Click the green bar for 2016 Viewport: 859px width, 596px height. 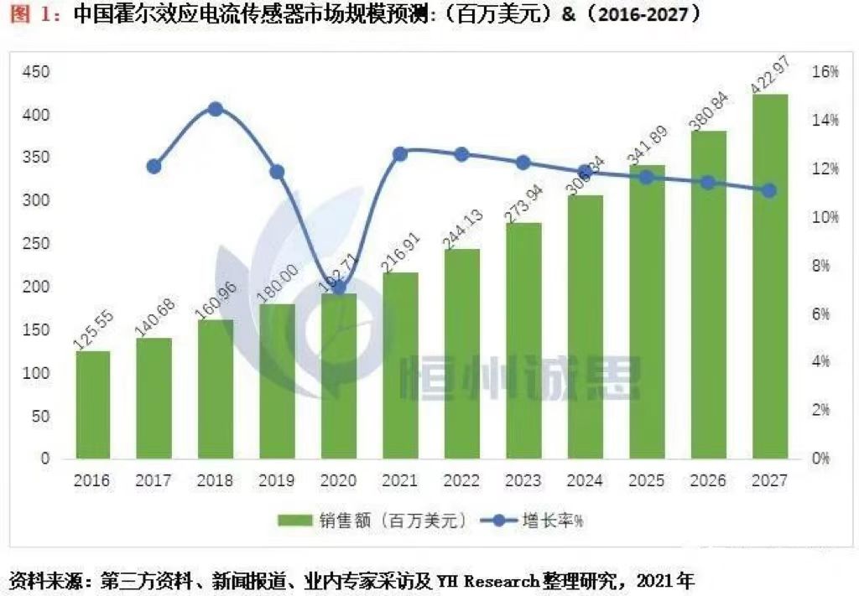[x=92, y=405]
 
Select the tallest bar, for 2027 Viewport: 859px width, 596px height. [x=769, y=277]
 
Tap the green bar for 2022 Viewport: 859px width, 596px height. [x=461, y=354]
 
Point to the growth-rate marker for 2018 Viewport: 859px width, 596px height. [x=216, y=109]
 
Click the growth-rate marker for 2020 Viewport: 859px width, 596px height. [x=339, y=287]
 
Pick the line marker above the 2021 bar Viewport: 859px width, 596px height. [x=400, y=154]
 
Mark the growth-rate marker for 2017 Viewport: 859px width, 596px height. [x=154, y=167]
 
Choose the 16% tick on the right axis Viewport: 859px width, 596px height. [x=825, y=72]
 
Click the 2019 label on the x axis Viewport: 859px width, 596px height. [x=277, y=481]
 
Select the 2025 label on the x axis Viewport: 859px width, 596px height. [x=646, y=481]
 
